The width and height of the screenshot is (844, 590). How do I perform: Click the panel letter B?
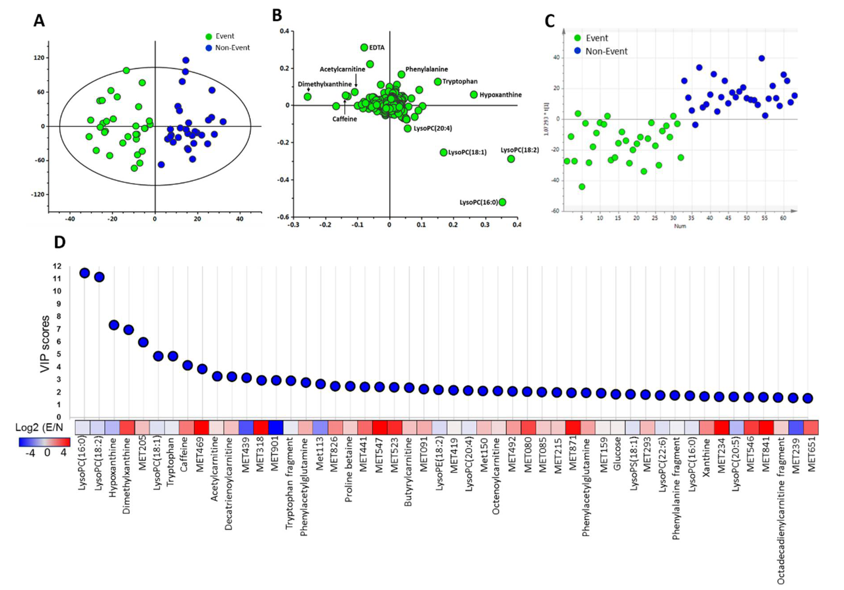coord(277,15)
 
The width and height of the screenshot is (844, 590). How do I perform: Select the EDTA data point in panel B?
coord(364,47)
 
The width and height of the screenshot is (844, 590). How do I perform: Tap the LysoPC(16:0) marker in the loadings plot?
coord(502,202)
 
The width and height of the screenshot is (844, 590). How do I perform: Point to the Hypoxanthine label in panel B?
coord(500,95)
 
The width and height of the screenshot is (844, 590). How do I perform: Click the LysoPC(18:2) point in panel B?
coord(511,159)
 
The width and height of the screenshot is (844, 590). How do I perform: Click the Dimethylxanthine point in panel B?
coord(308,97)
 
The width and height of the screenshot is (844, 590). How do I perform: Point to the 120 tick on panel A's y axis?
coord(39,58)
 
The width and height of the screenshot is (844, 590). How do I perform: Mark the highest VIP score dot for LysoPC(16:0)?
coord(84,273)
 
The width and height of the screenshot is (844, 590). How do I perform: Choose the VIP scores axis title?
coord(45,344)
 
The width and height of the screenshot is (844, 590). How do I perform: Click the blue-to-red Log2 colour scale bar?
coord(44,442)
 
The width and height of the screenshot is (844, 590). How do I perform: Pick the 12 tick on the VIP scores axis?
coord(57,266)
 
